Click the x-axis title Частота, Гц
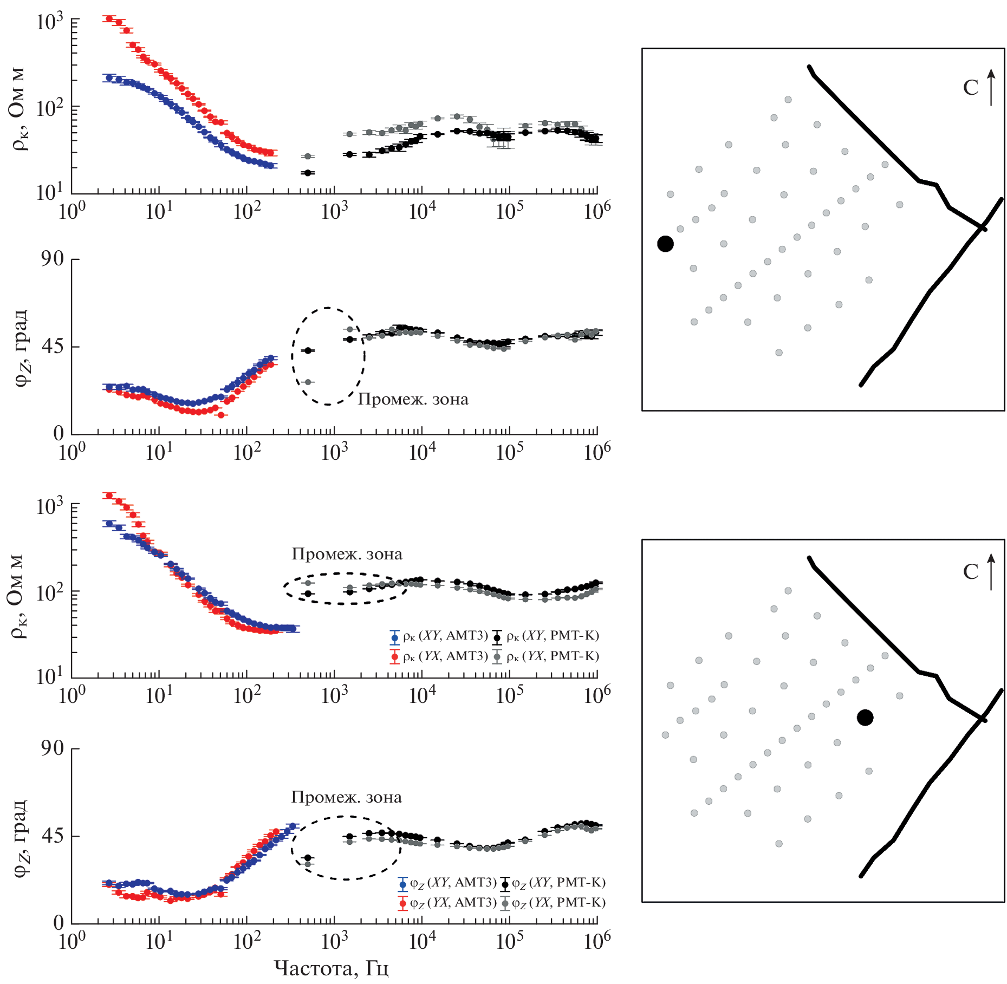331,968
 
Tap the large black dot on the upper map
665,244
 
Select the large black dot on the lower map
865,718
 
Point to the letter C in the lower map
971,572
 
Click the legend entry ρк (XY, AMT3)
439,636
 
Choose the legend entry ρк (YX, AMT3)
439,656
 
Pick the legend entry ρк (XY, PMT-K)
545,636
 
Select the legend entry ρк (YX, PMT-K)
545,656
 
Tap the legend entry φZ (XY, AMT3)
447,883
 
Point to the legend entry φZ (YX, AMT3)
447,903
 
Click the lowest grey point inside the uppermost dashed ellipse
308,382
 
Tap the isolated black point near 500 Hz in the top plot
308,173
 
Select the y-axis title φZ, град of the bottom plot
21,837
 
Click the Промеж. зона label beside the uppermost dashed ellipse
413,400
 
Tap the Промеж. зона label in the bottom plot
347,797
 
